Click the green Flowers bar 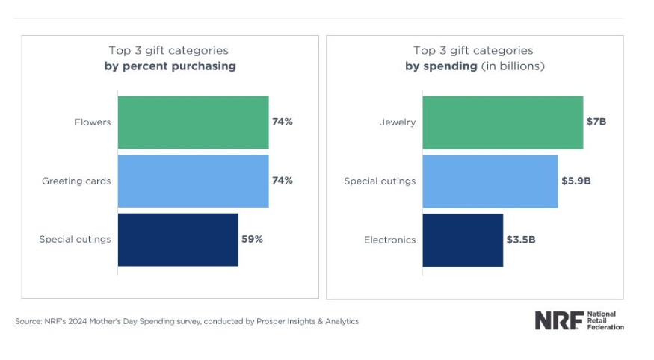click(193, 122)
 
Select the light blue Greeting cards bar click(193, 181)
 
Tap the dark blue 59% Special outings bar click(178, 240)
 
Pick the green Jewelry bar click(502, 122)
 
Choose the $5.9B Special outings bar click(490, 181)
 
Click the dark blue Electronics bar click(463, 240)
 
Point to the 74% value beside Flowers click(283, 122)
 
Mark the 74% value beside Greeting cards click(283, 181)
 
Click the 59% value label click(252, 240)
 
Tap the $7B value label click(596, 122)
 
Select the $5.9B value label click(576, 181)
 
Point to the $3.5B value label click(521, 240)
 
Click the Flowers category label click(93, 122)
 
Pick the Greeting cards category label click(76, 181)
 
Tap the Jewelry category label click(398, 122)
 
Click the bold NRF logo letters click(558, 321)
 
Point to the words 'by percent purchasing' click(170, 66)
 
